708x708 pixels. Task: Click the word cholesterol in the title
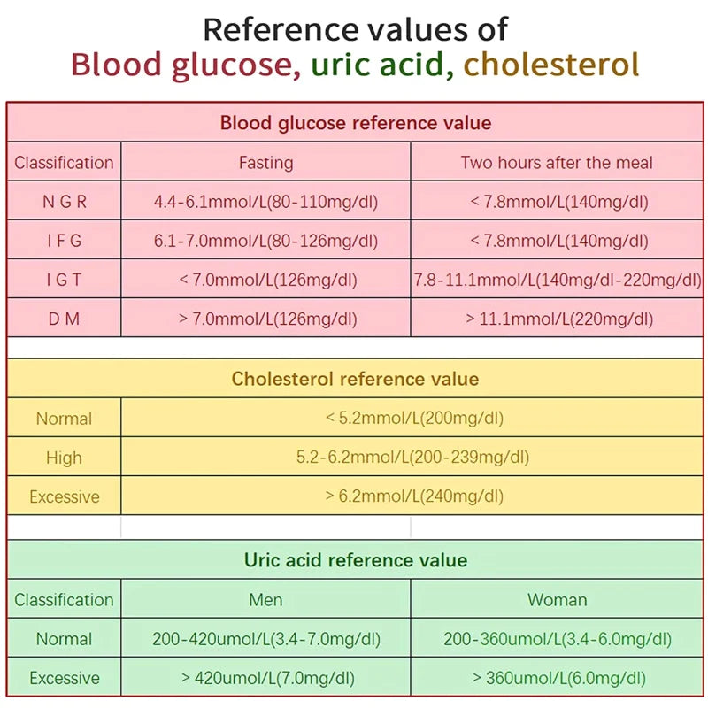pyautogui.click(x=550, y=65)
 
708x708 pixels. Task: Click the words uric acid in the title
pyautogui.click(x=381, y=65)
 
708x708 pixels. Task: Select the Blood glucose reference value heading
pyautogui.click(x=355, y=123)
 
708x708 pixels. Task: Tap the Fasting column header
pyautogui.click(x=265, y=163)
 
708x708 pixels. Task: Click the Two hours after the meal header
pyautogui.click(x=557, y=163)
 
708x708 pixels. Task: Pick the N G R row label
pyautogui.click(x=64, y=202)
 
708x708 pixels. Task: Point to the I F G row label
pyautogui.click(x=64, y=241)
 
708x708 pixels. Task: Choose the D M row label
pyautogui.click(x=64, y=319)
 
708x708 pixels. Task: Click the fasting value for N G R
pyautogui.click(x=265, y=202)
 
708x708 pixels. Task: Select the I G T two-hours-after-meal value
pyautogui.click(x=558, y=280)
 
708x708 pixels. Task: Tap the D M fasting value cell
pyautogui.click(x=265, y=319)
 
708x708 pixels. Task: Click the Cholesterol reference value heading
pyautogui.click(x=355, y=380)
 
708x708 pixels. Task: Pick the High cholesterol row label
pyautogui.click(x=64, y=458)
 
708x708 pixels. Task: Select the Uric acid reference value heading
pyautogui.click(x=355, y=560)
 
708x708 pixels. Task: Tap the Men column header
pyautogui.click(x=265, y=600)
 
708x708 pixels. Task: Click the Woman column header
pyautogui.click(x=557, y=600)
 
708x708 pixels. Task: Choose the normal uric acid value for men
pyautogui.click(x=265, y=639)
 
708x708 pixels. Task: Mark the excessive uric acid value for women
pyautogui.click(x=558, y=678)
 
